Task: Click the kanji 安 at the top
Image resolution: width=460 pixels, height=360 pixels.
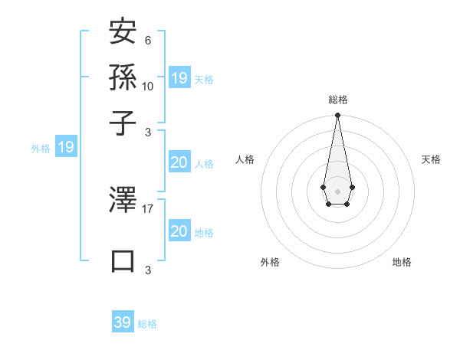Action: tap(123, 34)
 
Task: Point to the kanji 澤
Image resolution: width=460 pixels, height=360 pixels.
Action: tap(123, 201)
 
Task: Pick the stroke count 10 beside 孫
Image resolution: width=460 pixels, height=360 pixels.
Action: tap(148, 86)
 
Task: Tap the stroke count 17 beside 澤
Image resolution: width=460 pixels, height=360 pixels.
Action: tap(148, 208)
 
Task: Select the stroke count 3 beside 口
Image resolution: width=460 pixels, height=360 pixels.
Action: tap(147, 270)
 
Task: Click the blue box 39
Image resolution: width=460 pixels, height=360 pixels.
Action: tap(123, 322)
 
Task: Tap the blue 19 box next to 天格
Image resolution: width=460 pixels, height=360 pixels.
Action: tap(179, 78)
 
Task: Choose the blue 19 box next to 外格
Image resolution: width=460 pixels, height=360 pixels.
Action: tap(66, 147)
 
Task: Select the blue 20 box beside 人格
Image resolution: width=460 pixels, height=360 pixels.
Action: tap(179, 162)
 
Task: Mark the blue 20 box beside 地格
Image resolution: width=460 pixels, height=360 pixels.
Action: tap(179, 231)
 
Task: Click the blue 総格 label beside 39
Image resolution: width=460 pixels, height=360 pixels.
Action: tap(147, 324)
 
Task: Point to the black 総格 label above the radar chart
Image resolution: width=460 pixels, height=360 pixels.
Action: tap(337, 100)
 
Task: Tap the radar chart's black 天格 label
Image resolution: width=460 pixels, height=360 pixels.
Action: tap(431, 159)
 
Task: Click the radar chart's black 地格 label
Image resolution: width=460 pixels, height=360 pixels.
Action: tap(402, 262)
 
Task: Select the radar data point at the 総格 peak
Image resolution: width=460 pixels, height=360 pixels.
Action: tap(337, 116)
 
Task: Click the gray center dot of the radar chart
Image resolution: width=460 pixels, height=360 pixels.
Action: tap(337, 190)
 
